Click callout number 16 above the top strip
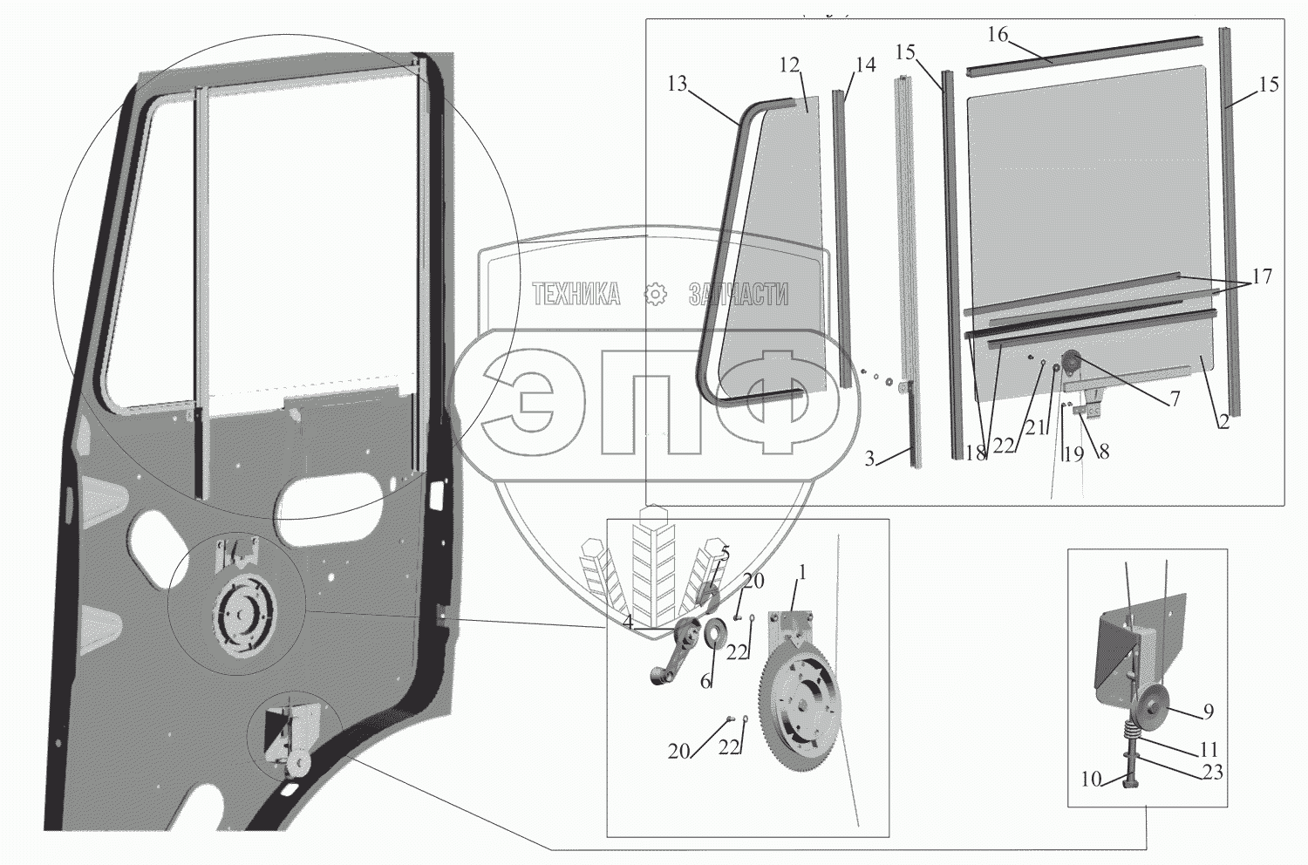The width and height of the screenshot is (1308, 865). coord(998,35)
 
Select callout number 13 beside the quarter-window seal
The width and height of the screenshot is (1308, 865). coord(678,85)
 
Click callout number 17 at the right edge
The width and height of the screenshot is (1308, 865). coord(1262,277)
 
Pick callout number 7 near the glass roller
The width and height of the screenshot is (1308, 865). coord(1175,399)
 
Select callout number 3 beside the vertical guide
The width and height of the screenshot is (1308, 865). coord(869,460)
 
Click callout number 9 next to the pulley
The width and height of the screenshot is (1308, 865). coord(1208,712)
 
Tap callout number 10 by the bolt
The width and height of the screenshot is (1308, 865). coord(1091,780)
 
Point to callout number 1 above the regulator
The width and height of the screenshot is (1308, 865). coord(802,574)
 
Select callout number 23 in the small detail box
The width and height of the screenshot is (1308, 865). coord(1212,772)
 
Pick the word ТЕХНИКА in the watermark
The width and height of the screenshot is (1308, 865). coord(576,296)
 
